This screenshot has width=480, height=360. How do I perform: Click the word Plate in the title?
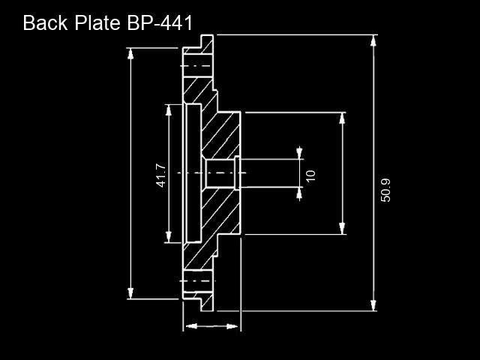[97, 23]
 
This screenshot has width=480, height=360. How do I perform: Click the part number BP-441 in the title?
[160, 23]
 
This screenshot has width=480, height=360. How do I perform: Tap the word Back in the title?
[45, 23]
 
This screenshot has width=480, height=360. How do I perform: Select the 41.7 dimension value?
[160, 175]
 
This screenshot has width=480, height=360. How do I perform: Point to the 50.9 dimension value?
[385, 190]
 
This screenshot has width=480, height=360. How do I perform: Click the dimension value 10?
[310, 176]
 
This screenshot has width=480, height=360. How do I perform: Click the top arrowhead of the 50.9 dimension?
[373, 40]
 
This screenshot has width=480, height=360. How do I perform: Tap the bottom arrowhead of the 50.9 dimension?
[373, 305]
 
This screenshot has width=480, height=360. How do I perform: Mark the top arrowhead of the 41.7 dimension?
[169, 110]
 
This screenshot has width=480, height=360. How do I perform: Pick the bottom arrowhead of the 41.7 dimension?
[169, 237]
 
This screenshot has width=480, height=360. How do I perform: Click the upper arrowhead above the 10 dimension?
[299, 153]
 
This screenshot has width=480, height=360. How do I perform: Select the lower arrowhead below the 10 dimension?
[299, 193]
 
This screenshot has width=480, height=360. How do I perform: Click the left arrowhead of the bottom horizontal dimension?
[191, 326]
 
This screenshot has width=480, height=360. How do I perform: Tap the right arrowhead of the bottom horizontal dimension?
[232, 326]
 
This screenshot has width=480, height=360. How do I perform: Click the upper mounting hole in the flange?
[198, 66]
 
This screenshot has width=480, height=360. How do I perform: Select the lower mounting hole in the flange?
[198, 281]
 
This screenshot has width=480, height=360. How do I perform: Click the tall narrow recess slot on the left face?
[193, 173]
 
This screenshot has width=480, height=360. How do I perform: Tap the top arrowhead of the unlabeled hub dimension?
[342, 118]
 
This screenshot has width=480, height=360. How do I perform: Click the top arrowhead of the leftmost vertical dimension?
[130, 54]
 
